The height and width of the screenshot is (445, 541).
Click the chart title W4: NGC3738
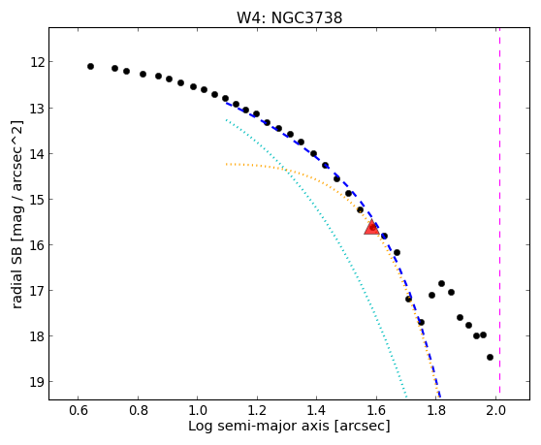click(289, 17)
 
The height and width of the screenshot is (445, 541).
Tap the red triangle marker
click(372, 227)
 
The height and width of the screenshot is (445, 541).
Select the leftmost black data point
click(90, 66)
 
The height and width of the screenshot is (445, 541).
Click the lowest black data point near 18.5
click(490, 357)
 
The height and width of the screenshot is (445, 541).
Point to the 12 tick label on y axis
click(38, 62)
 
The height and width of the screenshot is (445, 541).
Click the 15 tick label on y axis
click(38, 200)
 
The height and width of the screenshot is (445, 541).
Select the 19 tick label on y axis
click(38, 382)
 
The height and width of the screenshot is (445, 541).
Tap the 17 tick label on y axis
click(38, 291)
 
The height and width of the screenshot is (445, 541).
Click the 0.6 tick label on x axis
click(79, 410)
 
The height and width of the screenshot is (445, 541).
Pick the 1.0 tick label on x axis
click(198, 410)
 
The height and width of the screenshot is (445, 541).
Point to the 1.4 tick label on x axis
click(317, 410)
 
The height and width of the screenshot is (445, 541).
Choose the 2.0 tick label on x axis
click(495, 410)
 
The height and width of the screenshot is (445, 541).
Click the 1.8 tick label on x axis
click(436, 410)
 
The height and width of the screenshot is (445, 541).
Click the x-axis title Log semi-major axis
click(259, 427)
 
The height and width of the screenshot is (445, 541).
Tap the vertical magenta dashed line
click(499, 210)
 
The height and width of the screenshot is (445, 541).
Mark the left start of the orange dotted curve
click(226, 164)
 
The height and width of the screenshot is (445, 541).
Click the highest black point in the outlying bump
click(441, 283)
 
